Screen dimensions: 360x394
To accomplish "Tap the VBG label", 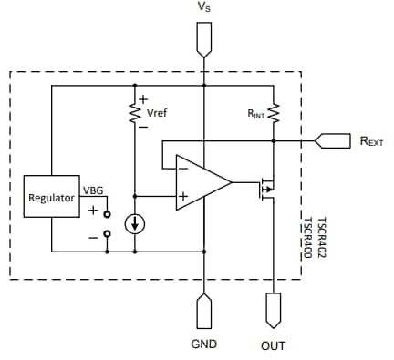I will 93,190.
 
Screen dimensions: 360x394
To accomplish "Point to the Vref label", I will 157,114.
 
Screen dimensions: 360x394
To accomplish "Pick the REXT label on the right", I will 371,141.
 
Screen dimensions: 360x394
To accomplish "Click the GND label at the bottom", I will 202,345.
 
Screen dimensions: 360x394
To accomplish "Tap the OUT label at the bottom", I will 273,345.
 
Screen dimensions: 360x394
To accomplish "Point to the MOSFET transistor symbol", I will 266,189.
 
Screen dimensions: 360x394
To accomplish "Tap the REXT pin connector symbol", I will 332,140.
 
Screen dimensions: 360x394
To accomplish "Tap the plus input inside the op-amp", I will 183,195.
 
